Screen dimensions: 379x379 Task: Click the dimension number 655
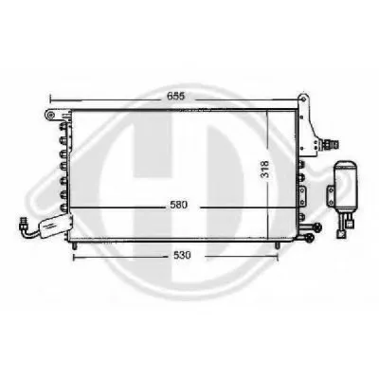click(176, 96)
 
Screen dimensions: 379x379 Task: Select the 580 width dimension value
click(179, 205)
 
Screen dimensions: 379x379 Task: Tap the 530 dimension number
click(182, 255)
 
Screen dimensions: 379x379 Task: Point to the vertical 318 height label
click(264, 169)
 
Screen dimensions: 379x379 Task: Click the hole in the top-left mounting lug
click(50, 115)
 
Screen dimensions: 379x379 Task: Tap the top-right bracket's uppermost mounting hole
click(304, 99)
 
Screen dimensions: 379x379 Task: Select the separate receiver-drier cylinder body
click(346, 187)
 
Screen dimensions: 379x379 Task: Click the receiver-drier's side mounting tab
click(331, 197)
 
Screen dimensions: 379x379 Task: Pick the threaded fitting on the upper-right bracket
click(331, 145)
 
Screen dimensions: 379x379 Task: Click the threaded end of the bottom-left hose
click(23, 224)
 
